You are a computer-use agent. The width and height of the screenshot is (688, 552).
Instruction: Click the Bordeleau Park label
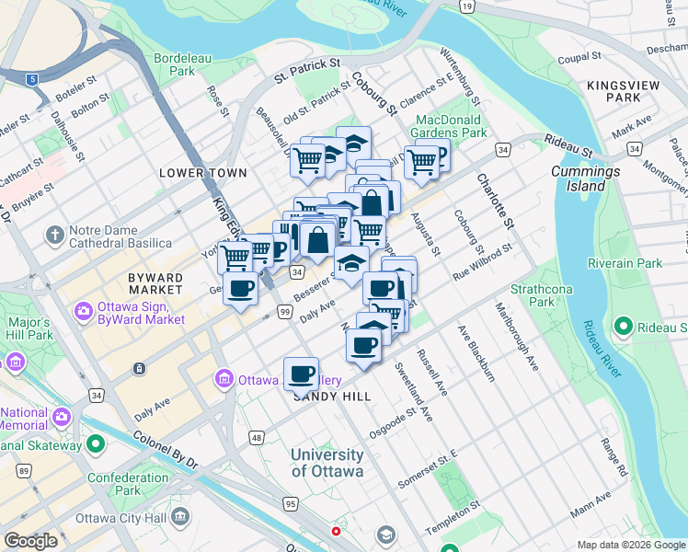tap(182, 63)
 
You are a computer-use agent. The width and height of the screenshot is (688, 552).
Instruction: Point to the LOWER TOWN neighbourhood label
tap(202, 173)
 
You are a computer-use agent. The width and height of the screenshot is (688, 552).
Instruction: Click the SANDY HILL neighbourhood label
tap(332, 397)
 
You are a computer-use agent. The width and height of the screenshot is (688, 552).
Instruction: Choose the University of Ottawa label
tap(327, 463)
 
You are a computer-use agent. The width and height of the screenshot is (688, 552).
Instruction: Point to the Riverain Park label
tap(630, 264)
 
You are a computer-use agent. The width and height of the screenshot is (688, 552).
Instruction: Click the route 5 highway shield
tap(33, 79)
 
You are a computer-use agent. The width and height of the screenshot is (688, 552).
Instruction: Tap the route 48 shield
tap(256, 438)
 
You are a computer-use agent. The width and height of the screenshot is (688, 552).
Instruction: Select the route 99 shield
tap(285, 314)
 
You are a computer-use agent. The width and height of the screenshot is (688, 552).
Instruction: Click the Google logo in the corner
tap(31, 541)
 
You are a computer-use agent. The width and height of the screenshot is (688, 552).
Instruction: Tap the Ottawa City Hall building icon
tap(180, 516)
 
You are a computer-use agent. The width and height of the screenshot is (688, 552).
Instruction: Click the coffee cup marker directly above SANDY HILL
tap(301, 374)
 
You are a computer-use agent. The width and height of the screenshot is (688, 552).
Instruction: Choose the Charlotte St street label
tap(492, 202)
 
